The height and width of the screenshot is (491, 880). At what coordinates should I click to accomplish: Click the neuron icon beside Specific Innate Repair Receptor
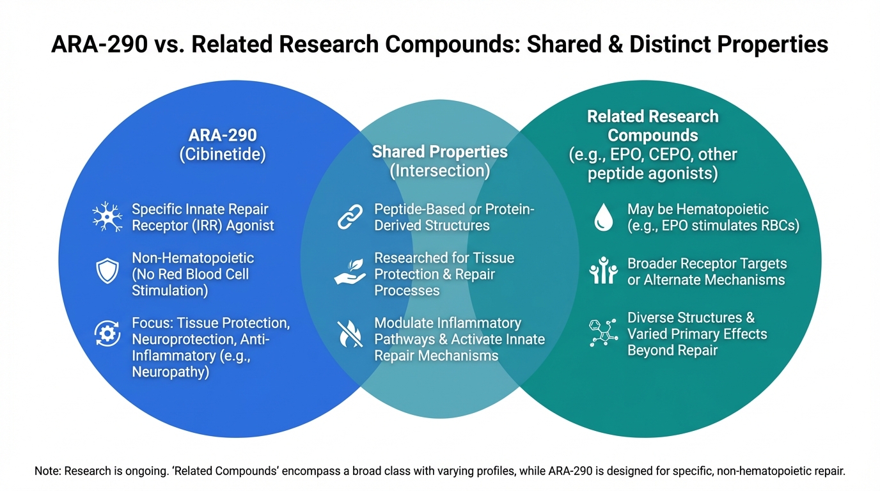[x=107, y=217]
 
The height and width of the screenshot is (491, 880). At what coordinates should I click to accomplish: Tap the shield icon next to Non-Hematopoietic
[x=107, y=271]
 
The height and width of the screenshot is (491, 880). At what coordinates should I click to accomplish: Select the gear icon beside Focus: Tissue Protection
[x=107, y=332]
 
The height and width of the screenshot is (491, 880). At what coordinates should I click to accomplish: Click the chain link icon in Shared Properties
[x=350, y=218]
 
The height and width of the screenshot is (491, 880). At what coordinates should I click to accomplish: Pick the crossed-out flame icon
[x=350, y=332]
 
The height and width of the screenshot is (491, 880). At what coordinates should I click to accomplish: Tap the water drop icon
[x=602, y=218]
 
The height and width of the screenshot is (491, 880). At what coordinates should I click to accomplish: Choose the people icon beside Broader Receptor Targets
[x=602, y=271]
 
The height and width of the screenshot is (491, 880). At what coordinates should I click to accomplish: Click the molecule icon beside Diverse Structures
[x=602, y=332]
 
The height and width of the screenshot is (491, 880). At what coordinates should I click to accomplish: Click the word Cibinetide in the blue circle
[x=222, y=155]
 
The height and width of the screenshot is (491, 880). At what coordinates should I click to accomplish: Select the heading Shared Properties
[x=439, y=152]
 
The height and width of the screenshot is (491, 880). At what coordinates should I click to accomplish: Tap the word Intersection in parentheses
[x=439, y=171]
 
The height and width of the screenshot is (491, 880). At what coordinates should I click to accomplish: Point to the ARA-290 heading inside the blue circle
[x=222, y=136]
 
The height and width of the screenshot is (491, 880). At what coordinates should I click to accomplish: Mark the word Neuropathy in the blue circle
[x=170, y=371]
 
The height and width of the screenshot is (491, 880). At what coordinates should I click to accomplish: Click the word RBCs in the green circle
[x=778, y=226]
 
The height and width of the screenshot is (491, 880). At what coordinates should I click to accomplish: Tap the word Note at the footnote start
[x=48, y=472]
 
